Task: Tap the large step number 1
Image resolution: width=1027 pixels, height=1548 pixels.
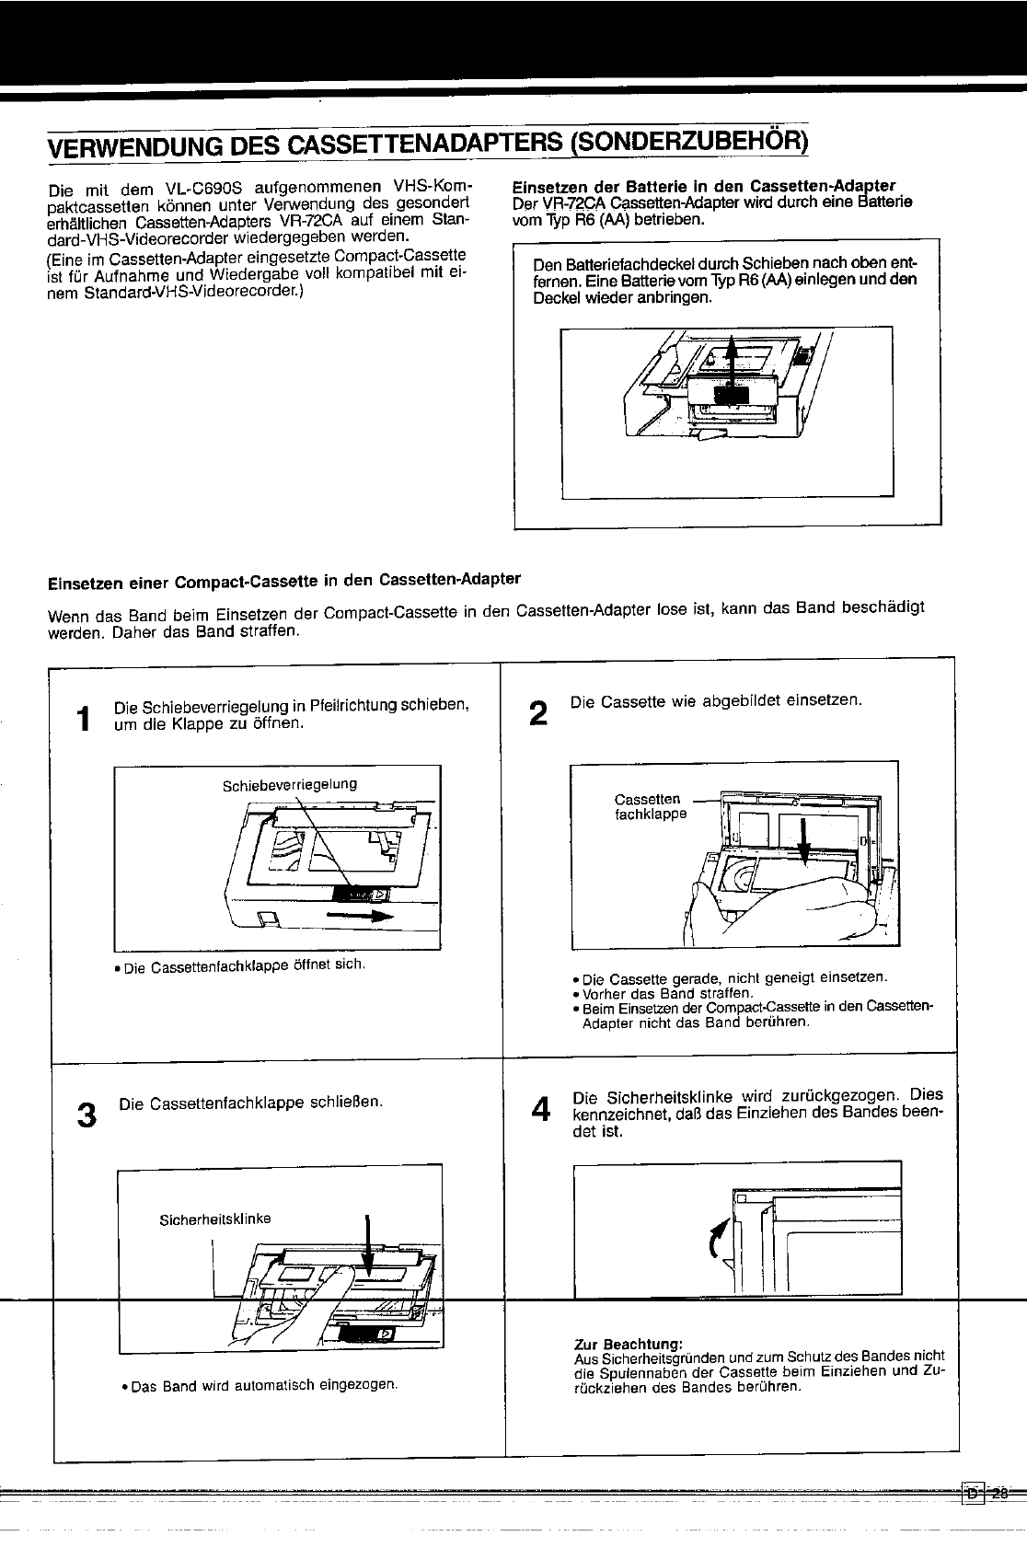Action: [x=85, y=718]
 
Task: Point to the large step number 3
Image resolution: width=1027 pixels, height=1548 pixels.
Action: [x=87, y=1115]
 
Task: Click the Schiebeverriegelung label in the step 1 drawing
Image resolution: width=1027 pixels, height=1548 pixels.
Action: [x=290, y=784]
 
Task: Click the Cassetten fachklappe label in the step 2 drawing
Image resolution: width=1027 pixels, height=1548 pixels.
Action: [x=650, y=806]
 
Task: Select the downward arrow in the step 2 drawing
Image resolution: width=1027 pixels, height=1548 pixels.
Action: [x=803, y=842]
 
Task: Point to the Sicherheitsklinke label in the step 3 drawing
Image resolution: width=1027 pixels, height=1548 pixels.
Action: [x=215, y=1219]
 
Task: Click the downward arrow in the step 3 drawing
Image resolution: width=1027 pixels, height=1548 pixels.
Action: [x=368, y=1245]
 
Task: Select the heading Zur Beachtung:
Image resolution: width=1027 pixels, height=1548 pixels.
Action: [x=629, y=1344]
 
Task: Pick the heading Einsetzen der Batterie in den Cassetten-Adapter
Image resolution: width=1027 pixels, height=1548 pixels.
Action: [x=704, y=187]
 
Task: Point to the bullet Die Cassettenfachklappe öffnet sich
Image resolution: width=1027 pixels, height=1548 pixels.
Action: [x=240, y=965]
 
